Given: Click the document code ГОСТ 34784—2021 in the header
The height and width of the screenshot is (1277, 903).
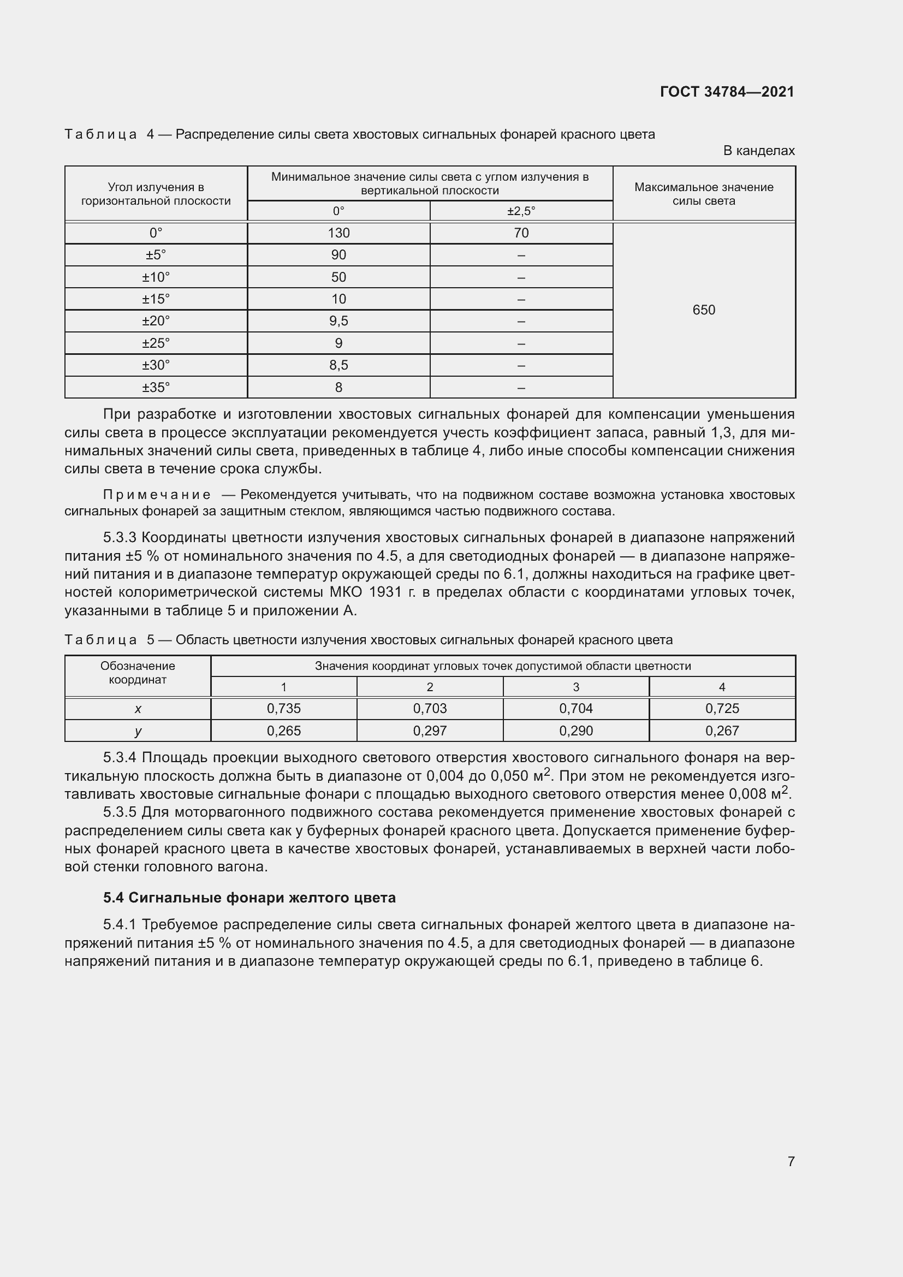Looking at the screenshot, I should (727, 92).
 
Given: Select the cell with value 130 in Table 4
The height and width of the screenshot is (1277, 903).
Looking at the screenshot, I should (338, 233).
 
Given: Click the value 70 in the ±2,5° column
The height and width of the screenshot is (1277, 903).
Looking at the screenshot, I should (521, 233).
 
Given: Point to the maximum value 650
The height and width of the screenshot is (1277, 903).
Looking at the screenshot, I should (703, 310).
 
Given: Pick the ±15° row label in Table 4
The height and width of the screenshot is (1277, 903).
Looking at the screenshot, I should (156, 299).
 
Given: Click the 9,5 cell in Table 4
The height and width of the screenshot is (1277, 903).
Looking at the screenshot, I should (338, 321).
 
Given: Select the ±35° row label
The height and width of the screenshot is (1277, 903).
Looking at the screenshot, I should (156, 387).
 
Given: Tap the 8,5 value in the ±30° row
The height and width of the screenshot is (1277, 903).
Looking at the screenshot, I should (338, 365).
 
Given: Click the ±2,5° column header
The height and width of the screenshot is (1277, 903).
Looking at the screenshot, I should (521, 211).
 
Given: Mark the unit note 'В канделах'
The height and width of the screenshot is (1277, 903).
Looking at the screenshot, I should (758, 151).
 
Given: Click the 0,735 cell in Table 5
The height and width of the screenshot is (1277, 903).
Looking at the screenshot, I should (283, 709).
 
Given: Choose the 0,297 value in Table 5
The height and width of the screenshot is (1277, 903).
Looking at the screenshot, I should (430, 731).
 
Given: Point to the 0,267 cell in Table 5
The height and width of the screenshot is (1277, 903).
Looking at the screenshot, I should (722, 731).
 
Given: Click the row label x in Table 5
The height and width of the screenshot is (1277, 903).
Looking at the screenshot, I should (138, 709).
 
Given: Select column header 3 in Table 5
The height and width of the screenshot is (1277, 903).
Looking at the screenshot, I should (576, 687).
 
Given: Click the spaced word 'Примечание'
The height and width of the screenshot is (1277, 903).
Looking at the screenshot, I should (157, 495).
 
